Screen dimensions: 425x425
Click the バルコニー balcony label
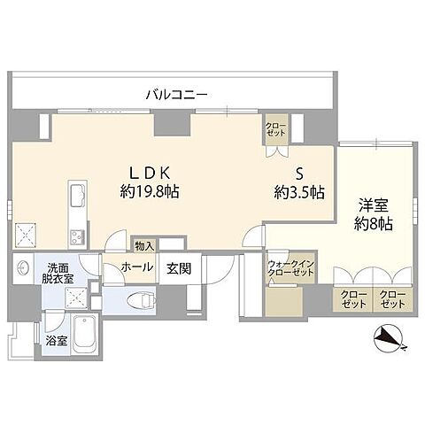click(178, 93)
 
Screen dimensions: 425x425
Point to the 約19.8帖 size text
click(150, 190)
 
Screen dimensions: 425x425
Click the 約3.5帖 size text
click(299, 192)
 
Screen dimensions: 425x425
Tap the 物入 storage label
click(143, 245)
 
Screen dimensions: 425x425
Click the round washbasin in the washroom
click(23, 269)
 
